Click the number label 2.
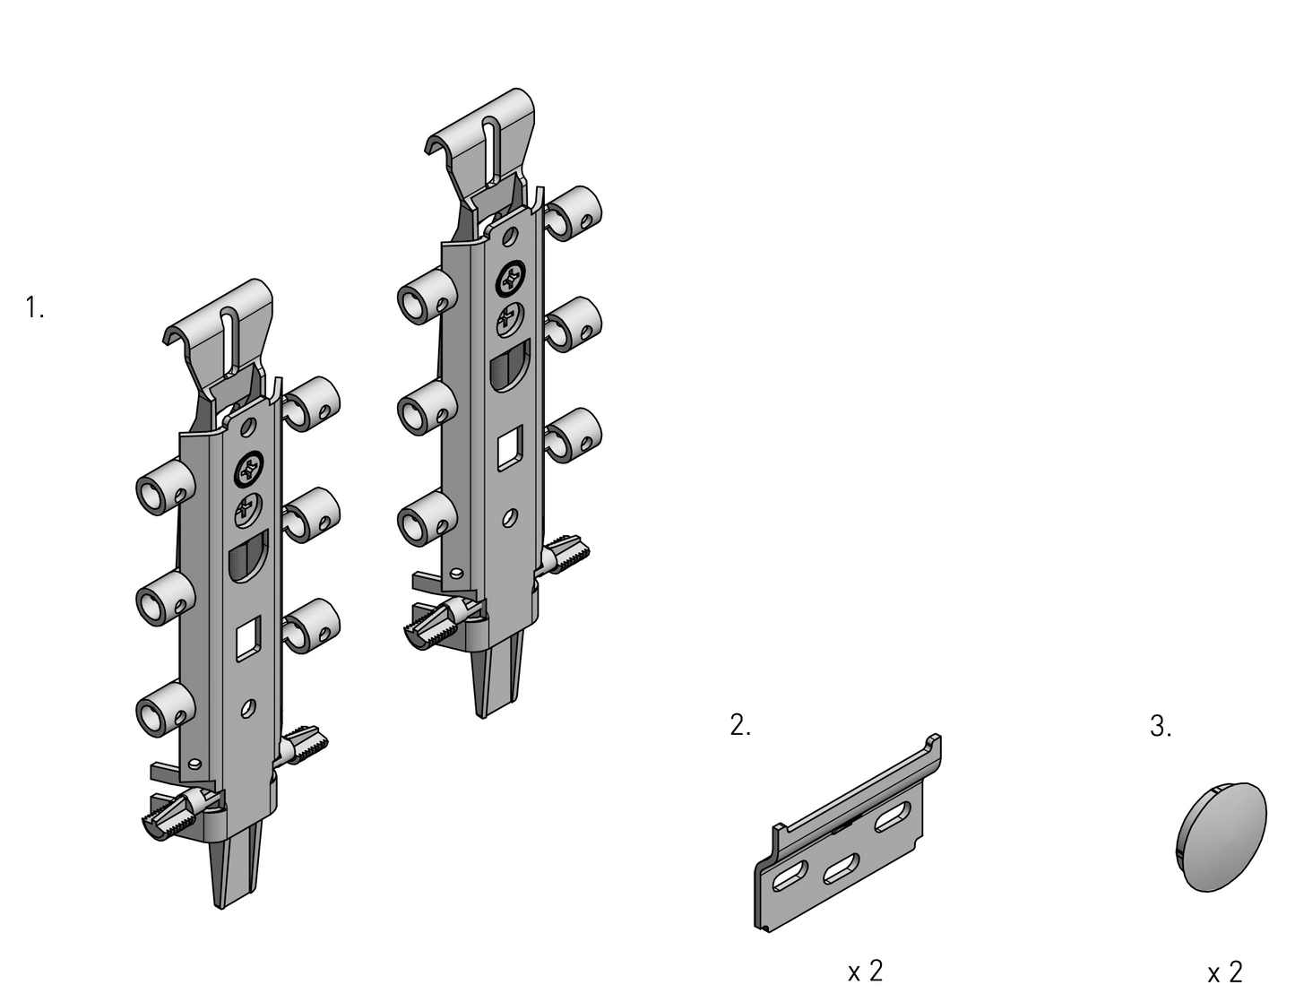739,725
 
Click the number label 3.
1160,726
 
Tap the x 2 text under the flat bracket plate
865,971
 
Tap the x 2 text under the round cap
1225,972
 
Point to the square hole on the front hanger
248,639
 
